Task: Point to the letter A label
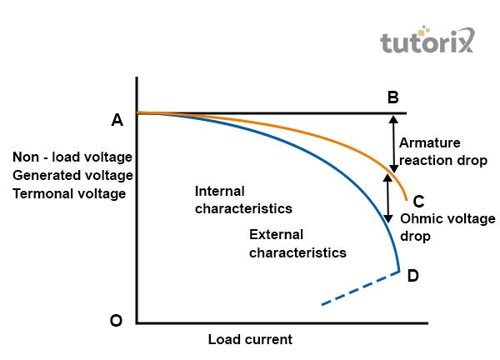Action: tap(117, 121)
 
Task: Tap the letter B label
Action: tap(392, 97)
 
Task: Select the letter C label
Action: tap(418, 201)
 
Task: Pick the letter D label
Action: tap(412, 275)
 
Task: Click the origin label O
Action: tap(117, 321)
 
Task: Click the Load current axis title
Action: tap(250, 340)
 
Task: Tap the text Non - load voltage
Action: tap(72, 157)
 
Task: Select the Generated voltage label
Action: tap(72, 176)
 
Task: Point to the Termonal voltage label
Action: tap(69, 193)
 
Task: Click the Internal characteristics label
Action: tap(243, 198)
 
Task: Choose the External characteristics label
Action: tap(297, 242)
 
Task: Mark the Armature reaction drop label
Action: tap(442, 152)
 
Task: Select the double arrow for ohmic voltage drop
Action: tap(387, 197)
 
